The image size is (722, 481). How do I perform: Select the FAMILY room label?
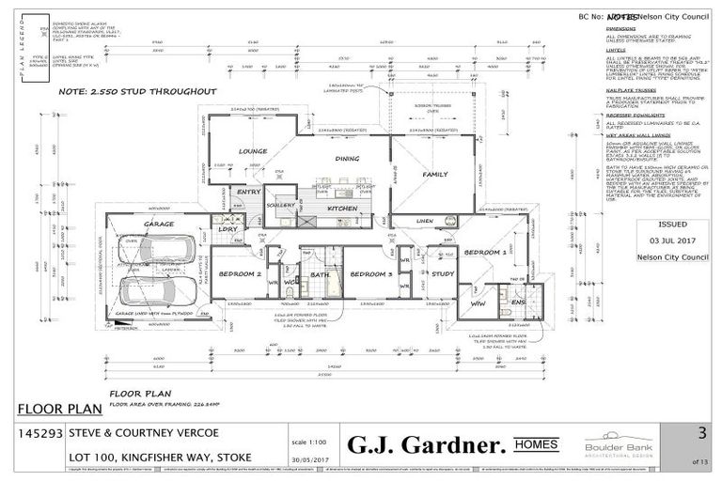pos(434,175)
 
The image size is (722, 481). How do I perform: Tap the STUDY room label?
pos(443,273)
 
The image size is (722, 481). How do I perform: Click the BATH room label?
pos(321,274)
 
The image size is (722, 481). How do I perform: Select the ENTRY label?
pos(249,192)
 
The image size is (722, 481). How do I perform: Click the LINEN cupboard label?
pos(425,221)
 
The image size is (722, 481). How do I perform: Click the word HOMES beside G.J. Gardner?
pos(538,443)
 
